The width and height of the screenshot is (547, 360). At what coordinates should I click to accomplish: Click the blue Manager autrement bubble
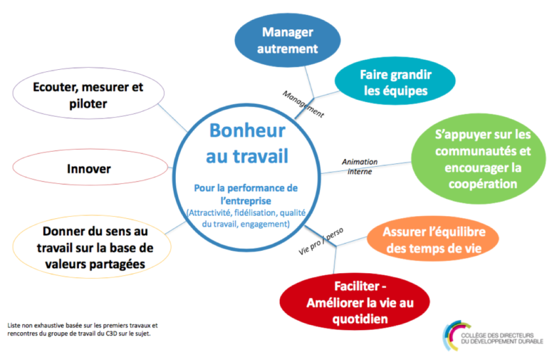click(x=288, y=40)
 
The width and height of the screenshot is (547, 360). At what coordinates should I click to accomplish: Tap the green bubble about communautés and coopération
click(x=479, y=158)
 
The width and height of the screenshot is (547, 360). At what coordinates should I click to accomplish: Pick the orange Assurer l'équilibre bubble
click(x=433, y=240)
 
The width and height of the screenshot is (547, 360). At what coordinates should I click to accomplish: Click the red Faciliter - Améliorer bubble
click(x=355, y=302)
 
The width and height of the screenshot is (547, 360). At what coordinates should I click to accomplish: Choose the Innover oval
click(x=90, y=168)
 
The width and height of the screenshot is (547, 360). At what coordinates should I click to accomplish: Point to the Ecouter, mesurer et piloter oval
click(x=88, y=93)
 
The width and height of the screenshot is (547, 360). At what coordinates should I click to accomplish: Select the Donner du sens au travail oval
click(x=92, y=247)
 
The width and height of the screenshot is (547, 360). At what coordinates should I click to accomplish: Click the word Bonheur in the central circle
click(x=247, y=130)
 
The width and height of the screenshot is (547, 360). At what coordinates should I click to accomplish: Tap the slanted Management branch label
click(x=303, y=104)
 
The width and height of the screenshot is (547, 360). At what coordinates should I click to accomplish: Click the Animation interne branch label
click(x=360, y=167)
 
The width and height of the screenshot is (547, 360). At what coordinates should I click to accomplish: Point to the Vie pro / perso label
click(x=321, y=241)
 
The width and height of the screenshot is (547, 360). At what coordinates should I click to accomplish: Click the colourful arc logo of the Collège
click(x=452, y=335)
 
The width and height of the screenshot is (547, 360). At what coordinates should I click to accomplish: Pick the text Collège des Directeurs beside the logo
click(x=497, y=335)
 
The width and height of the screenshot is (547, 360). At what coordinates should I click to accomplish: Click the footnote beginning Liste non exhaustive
click(x=83, y=329)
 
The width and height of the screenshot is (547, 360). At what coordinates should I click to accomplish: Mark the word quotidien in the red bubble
click(x=360, y=319)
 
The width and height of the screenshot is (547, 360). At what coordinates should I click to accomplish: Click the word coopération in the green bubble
click(x=483, y=184)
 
